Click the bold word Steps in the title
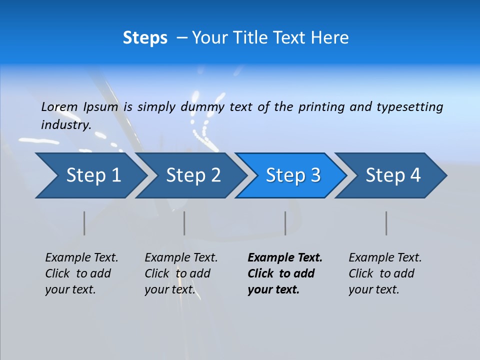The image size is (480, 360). [x=145, y=38]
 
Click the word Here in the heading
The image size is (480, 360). [x=329, y=38]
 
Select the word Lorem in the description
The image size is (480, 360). [x=59, y=107]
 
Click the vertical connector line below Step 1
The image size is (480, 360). [x=84, y=223]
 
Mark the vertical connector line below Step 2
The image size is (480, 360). [x=184, y=223]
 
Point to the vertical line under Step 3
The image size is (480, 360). [x=285, y=223]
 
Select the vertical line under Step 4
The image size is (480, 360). [x=386, y=223]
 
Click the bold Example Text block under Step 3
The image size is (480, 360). [x=285, y=273]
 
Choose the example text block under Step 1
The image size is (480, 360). [x=81, y=273]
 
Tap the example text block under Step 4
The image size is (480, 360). [x=385, y=273]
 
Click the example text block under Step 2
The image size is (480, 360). [x=181, y=273]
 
